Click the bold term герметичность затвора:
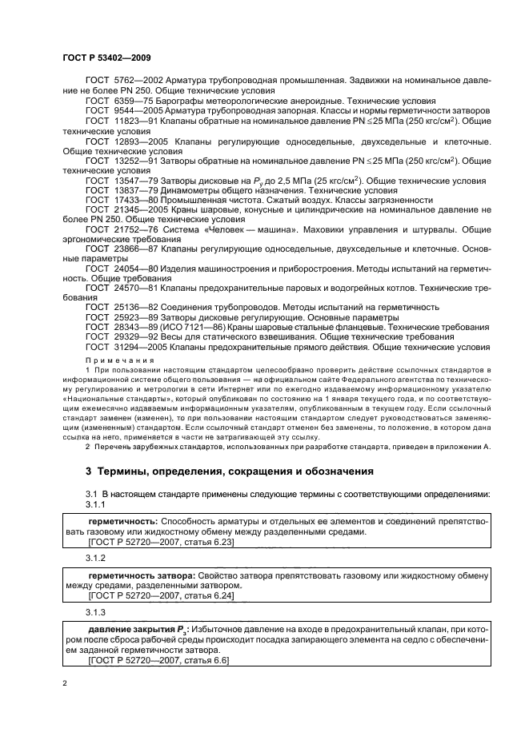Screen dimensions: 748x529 click(x=137, y=575)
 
